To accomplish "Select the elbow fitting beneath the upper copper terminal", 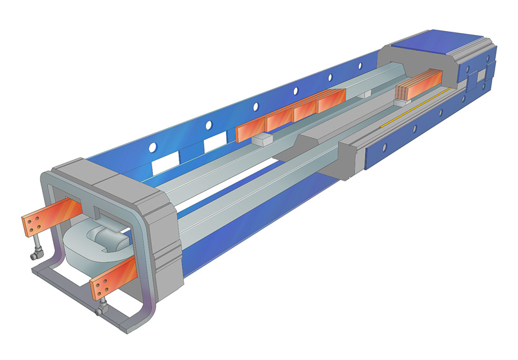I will (x=38, y=253).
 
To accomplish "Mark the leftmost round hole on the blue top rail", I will (x=153, y=148).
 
